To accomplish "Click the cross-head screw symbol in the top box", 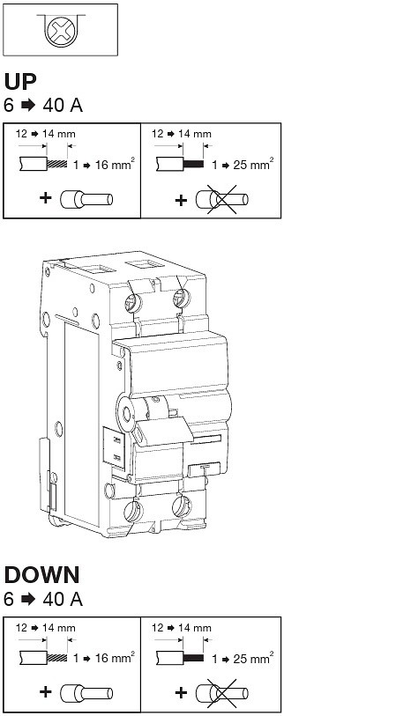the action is coord(61,30).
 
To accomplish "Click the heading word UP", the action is coord(20,82).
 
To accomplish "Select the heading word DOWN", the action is coord(41,575).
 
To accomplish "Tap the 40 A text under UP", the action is coord(63,106).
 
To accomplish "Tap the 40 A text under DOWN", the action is coord(63,599).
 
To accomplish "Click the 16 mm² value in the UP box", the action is coord(115,165).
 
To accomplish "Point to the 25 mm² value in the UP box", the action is coord(253,165).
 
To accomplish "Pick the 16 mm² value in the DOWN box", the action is coord(115,658).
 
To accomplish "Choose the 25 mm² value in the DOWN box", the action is coord(253,658).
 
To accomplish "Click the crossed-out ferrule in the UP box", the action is coord(222,200).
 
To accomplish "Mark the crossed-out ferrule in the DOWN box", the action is coord(222,693).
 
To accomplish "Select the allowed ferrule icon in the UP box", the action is coord(86,199).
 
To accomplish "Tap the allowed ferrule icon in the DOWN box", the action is coord(86,693).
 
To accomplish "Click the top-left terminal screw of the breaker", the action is coord(132,302).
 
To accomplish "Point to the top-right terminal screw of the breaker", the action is coord(182,299).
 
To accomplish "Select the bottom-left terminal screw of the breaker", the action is coord(133,511).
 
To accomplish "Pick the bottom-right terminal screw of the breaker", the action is coord(182,506).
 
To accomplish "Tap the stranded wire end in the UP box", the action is coord(57,164).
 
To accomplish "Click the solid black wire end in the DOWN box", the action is coord(193,658).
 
